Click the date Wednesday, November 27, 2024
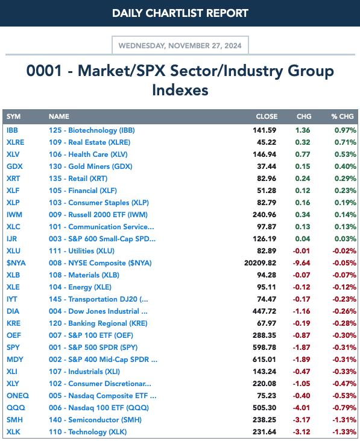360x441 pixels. [180, 46]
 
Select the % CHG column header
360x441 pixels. [343, 116]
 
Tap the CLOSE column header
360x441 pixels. [267, 116]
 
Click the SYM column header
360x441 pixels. [13, 116]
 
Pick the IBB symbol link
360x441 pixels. [12, 130]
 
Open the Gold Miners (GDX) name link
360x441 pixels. [90, 167]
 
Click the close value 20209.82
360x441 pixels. [261, 263]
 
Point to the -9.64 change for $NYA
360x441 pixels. [302, 263]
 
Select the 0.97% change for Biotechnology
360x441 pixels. [346, 130]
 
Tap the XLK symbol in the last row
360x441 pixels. [13, 432]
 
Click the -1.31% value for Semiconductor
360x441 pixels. [344, 420]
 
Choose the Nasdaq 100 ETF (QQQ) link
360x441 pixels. [99, 408]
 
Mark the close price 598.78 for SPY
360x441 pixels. [265, 347]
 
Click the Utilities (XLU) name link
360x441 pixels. [82, 251]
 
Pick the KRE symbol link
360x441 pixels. [13, 323]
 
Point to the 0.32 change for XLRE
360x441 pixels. [303, 142]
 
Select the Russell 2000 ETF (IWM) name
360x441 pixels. [98, 215]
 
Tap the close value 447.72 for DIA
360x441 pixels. [265, 311]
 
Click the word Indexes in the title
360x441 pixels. [180, 90]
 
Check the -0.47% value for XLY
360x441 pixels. [344, 384]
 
